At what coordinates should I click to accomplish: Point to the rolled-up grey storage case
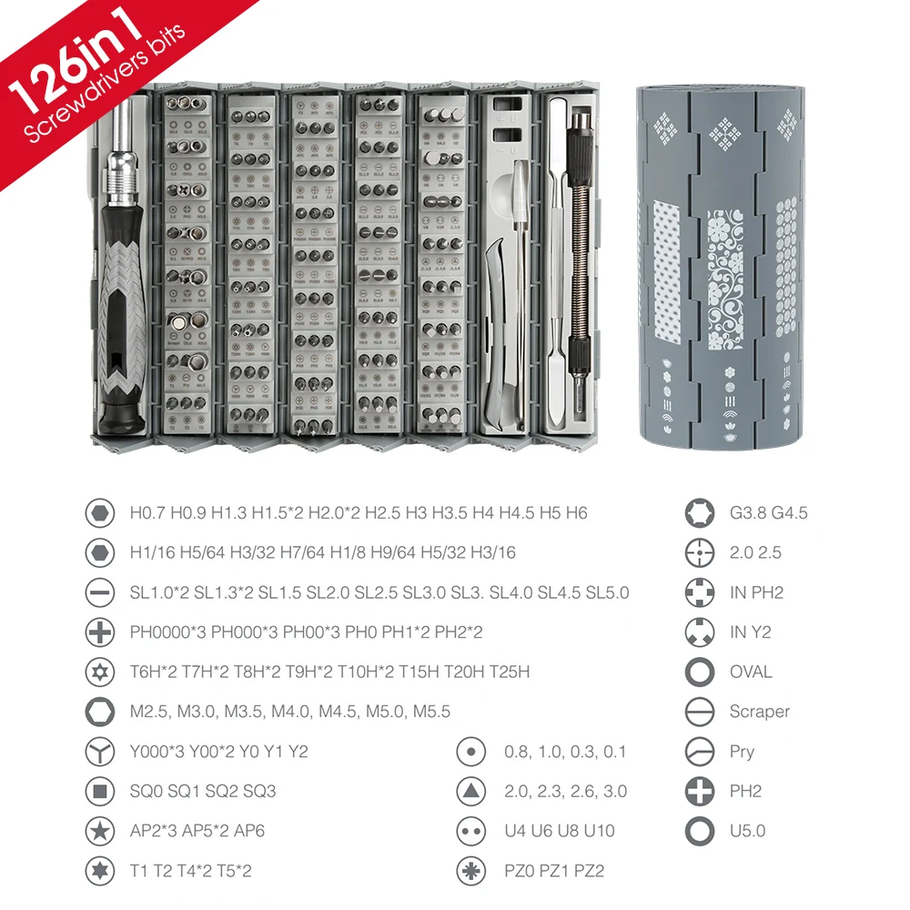pyautogui.click(x=721, y=264)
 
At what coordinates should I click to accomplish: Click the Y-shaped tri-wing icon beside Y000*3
pyautogui.click(x=99, y=752)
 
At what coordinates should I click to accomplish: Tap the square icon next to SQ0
pyautogui.click(x=99, y=791)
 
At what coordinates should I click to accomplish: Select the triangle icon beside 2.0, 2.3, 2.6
pyautogui.click(x=470, y=791)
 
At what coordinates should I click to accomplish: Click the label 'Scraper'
pyautogui.click(x=759, y=712)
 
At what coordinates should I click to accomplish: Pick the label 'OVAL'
pyautogui.click(x=751, y=672)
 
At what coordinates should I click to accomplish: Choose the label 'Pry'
pyautogui.click(x=742, y=752)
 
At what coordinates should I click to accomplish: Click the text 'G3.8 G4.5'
pyautogui.click(x=768, y=512)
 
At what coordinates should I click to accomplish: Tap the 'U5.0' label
pyautogui.click(x=747, y=831)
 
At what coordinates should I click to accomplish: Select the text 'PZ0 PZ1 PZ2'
pyautogui.click(x=554, y=871)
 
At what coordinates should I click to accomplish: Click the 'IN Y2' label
pyautogui.click(x=750, y=632)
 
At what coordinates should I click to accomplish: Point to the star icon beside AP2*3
pyautogui.click(x=99, y=831)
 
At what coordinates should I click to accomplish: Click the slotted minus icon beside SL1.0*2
pyautogui.click(x=99, y=592)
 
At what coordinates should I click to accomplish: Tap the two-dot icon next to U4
pyautogui.click(x=470, y=831)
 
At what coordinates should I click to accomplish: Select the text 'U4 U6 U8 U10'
pyautogui.click(x=560, y=831)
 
